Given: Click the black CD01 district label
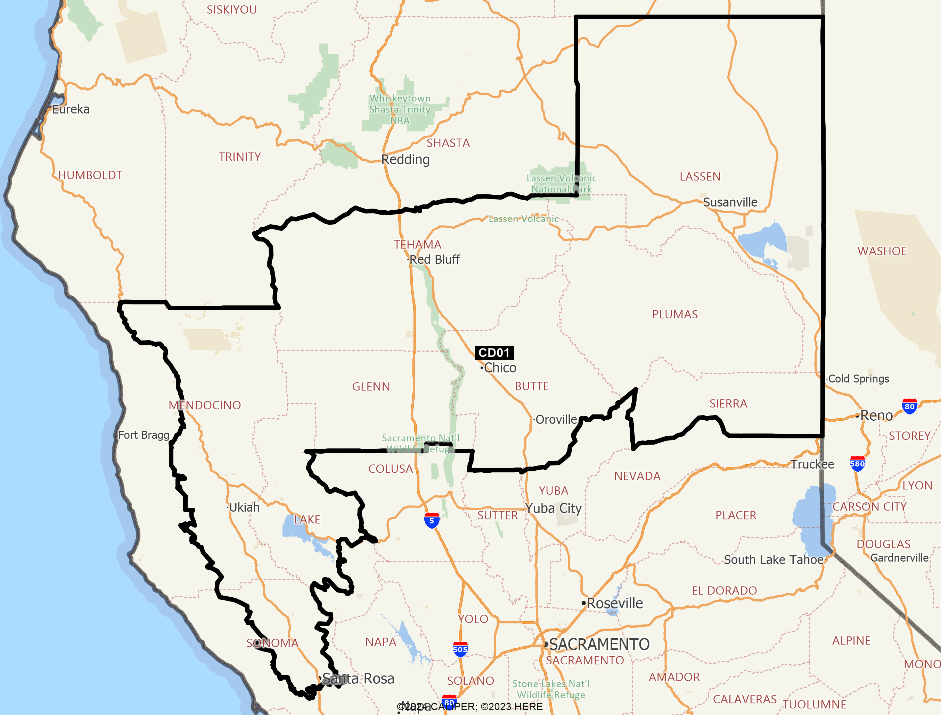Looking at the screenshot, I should (494, 353).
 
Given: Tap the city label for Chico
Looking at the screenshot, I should (500, 368).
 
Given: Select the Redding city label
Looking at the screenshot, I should (405, 160).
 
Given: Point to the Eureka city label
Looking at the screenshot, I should (71, 109).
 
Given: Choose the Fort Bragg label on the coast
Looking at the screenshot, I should (144, 435).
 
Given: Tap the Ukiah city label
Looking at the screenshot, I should (244, 507).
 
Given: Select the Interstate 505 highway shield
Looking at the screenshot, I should (460, 649).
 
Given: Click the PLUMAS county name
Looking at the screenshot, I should (675, 314).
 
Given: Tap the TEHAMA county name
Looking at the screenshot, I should (417, 245).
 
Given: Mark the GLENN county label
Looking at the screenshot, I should (371, 386).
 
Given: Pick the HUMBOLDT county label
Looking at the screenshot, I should (90, 175).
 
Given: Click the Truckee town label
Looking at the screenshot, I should (812, 464).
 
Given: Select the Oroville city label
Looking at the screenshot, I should (556, 420).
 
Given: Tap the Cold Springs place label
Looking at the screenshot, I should (858, 379).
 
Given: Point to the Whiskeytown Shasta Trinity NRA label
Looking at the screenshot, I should (400, 109).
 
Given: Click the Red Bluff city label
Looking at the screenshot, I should (434, 260).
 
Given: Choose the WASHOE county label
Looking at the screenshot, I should (882, 251).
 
